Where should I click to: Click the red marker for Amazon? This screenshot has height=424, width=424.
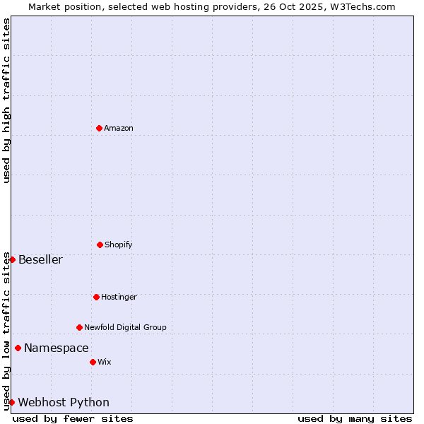click(x=99, y=128)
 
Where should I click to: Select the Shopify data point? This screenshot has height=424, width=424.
click(x=100, y=245)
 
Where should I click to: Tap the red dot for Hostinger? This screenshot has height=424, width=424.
click(x=96, y=297)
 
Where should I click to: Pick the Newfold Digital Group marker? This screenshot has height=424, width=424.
click(x=79, y=327)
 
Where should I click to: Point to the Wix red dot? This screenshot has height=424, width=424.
click(x=93, y=362)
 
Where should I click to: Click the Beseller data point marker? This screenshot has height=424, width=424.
click(x=12, y=259)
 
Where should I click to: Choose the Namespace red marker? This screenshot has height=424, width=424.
click(x=18, y=348)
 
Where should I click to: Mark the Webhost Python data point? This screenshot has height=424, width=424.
click(x=11, y=402)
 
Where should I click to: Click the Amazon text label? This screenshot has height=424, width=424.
click(x=119, y=128)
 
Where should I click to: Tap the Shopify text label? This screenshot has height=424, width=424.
click(x=119, y=245)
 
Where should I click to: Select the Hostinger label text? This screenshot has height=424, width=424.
click(x=119, y=297)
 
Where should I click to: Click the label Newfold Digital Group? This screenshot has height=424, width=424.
click(x=125, y=327)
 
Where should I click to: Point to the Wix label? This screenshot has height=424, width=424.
click(x=105, y=362)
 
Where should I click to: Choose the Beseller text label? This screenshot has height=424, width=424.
click(x=40, y=259)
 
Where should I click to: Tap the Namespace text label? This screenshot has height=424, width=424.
click(x=57, y=348)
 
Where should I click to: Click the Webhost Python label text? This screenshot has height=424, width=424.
click(x=64, y=402)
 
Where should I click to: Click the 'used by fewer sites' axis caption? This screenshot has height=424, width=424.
click(x=73, y=418)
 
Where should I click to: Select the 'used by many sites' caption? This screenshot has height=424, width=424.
click(x=355, y=418)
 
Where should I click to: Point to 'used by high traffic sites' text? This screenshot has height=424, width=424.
click(x=6, y=100)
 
